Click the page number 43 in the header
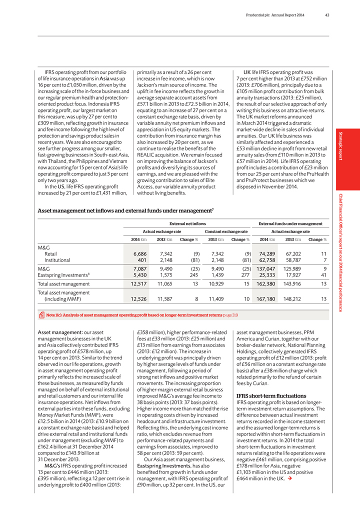pos(326,14)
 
